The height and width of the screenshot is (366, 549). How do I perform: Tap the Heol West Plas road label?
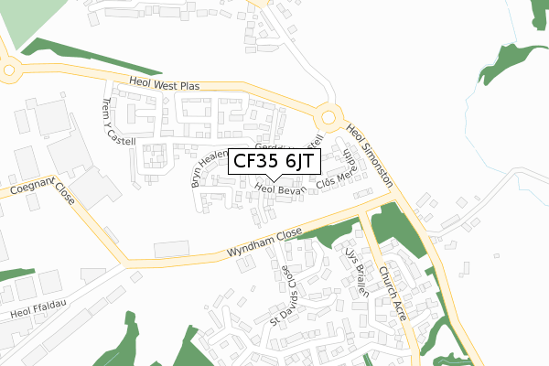[164, 84]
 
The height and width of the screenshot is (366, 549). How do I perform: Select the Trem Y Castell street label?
[120, 122]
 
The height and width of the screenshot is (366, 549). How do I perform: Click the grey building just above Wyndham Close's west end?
[171, 249]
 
